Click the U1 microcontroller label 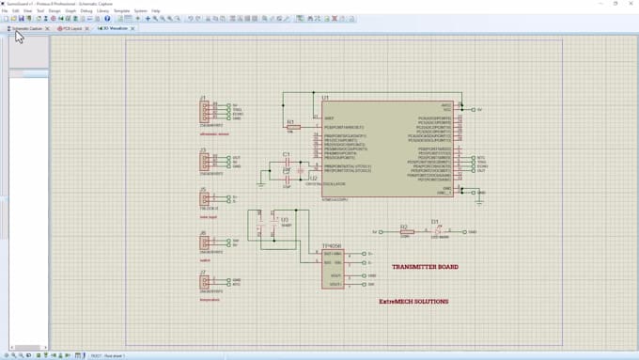pos(325,98)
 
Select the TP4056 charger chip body pos(333,269)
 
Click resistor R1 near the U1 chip pos(292,127)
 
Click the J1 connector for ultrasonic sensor pos(205,112)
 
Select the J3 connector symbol pos(205,163)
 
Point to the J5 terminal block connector pos(205,199)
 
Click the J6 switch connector pos(205,243)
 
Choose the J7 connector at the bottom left pos(205,282)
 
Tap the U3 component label pos(285,219)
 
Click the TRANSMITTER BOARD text pos(425,267)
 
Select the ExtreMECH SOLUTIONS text pos(413,302)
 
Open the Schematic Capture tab pos(26,28)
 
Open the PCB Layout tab pos(70,28)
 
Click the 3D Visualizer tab pos(112,28)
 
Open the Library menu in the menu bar pos(102,10)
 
